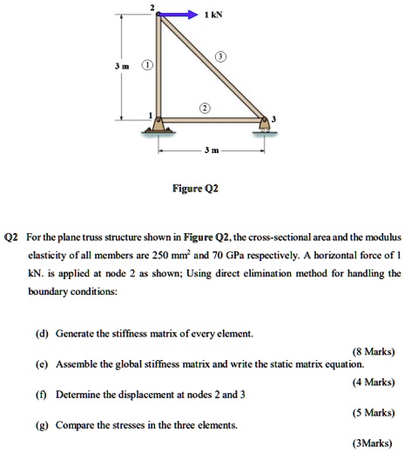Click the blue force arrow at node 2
pos(179,15)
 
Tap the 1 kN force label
pos(211,15)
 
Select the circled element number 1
pos(147,65)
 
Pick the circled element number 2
pos(206,109)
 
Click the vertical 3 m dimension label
pos(128,65)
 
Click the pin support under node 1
pos(156,128)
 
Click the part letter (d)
pos(41,334)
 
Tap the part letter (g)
pos(41,425)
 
